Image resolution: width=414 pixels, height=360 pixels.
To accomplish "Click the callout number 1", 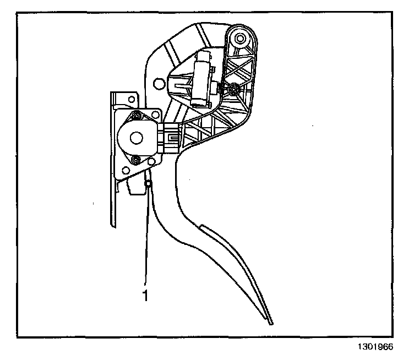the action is pyautogui.click(x=145, y=296).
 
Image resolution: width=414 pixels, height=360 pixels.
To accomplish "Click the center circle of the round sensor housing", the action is pyautogui.click(x=134, y=137).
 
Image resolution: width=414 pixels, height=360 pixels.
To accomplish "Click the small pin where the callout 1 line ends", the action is pyautogui.click(x=148, y=183).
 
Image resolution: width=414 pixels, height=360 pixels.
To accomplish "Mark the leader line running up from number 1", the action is pyautogui.click(x=147, y=237).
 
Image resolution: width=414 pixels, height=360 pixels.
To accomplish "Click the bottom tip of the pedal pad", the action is pyautogui.click(x=271, y=322).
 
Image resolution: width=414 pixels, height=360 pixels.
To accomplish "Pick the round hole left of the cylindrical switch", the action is pyautogui.click(x=159, y=84).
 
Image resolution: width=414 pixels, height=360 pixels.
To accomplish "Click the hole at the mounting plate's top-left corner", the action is pyautogui.click(x=132, y=100).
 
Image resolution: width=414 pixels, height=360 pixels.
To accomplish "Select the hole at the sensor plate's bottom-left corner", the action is pyautogui.click(x=150, y=161).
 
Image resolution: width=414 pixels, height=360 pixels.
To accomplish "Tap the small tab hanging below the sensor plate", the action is pyautogui.click(x=134, y=188).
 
